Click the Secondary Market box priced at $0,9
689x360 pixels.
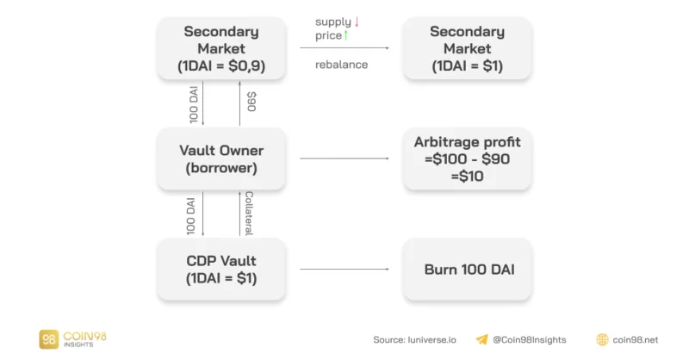tap(221, 48)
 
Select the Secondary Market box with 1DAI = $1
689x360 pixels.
tap(467, 48)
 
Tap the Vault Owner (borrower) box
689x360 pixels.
tap(221, 158)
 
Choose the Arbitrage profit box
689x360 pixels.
tap(467, 158)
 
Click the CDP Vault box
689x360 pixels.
tap(221, 269)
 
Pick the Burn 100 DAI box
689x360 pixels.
tap(467, 269)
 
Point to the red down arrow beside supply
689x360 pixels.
tap(357, 22)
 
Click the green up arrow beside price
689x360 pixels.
tap(346, 35)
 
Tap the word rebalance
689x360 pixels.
tap(341, 65)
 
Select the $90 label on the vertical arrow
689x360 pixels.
tap(251, 102)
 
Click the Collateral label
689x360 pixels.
tap(249, 214)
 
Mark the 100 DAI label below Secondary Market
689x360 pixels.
tap(193, 104)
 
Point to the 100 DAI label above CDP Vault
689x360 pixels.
tap(190, 216)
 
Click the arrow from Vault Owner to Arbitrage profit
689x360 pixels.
tap(344, 158)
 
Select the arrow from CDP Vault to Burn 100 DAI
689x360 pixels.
tap(344, 269)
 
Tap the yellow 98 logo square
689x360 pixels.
tap(49, 339)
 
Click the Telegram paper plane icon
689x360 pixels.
tap(482, 339)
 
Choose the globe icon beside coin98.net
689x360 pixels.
tap(602, 339)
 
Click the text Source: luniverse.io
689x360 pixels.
tap(415, 340)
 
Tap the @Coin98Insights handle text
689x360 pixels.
tap(530, 340)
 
